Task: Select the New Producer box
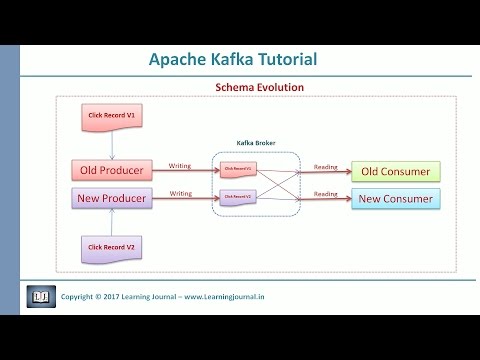tap(112, 198)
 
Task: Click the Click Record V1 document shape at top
tap(111, 119)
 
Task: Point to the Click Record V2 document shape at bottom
tap(111, 246)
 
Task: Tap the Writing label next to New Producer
tap(181, 193)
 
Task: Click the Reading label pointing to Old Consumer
tap(325, 166)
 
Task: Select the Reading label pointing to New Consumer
tap(325, 193)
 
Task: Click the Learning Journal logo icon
tap(39, 296)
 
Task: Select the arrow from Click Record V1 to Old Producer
tap(111, 147)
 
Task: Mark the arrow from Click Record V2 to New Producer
tap(111, 220)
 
